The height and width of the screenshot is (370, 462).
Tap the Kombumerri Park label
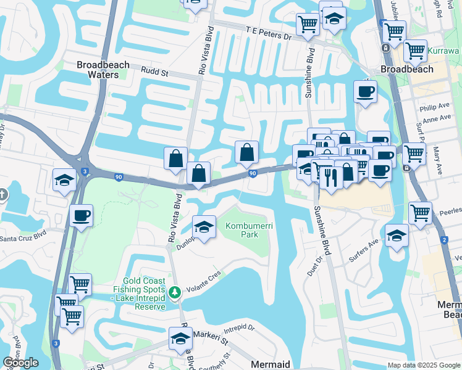point(249,230)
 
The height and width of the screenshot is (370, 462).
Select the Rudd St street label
point(154,72)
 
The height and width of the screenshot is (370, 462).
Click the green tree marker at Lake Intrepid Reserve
point(176,291)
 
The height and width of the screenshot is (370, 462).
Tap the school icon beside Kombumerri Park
point(204,227)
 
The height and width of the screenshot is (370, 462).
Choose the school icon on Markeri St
point(180,339)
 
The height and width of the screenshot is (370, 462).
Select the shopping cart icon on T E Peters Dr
point(307,25)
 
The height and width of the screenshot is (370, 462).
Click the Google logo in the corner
point(20,363)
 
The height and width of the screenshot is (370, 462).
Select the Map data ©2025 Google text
point(423,365)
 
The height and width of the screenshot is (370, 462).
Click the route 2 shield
point(445,239)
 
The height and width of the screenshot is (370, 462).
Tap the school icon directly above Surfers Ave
point(396,236)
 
